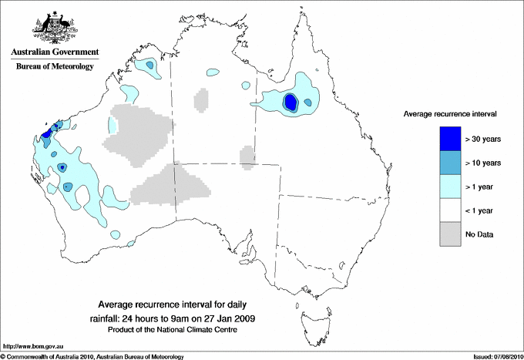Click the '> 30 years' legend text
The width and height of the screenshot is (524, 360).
483,139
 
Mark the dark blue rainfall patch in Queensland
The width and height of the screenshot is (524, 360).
291,102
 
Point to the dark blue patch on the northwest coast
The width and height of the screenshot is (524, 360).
46,133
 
